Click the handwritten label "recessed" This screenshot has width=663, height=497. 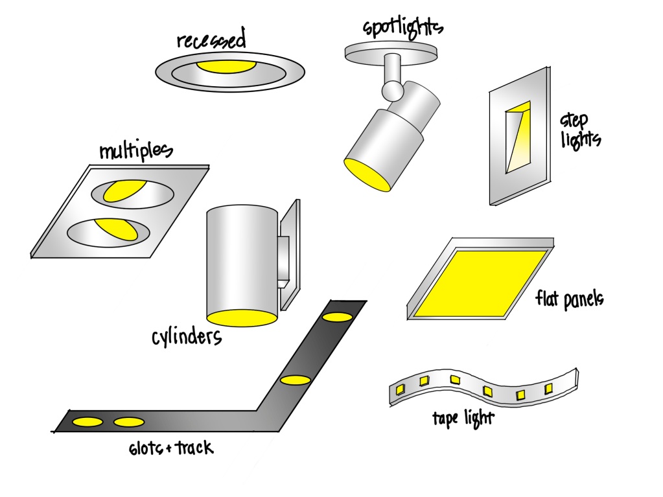pyautogui.click(x=211, y=41)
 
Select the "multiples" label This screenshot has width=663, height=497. pyautogui.click(x=135, y=151)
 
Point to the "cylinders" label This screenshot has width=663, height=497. pyautogui.click(x=187, y=337)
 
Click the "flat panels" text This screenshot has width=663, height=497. pyautogui.click(x=570, y=299)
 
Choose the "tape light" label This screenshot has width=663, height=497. pyautogui.click(x=462, y=418)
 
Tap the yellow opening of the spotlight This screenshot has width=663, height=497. pyautogui.click(x=367, y=174)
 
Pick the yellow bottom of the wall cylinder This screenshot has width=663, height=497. pyautogui.click(x=242, y=318)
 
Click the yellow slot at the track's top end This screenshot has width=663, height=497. pyautogui.click(x=338, y=317)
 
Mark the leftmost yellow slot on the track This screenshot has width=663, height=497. pyautogui.click(x=87, y=422)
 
